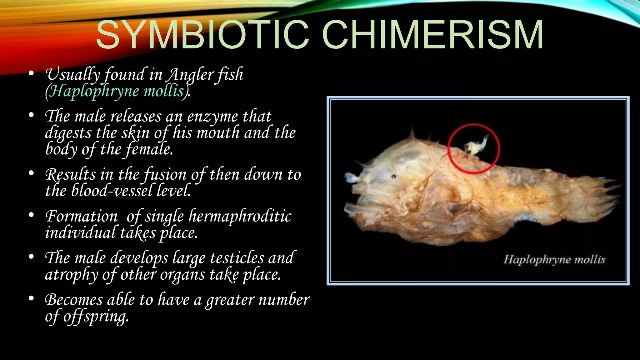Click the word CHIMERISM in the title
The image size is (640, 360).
click(432, 35)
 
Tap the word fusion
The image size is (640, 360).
click(165, 174)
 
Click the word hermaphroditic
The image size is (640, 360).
click(240, 216)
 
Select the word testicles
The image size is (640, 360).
click(237, 258)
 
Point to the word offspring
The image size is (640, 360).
click(96, 317)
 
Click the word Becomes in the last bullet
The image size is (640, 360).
click(74, 300)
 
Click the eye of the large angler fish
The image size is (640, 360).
click(394, 177)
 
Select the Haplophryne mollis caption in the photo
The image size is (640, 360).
click(554, 260)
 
